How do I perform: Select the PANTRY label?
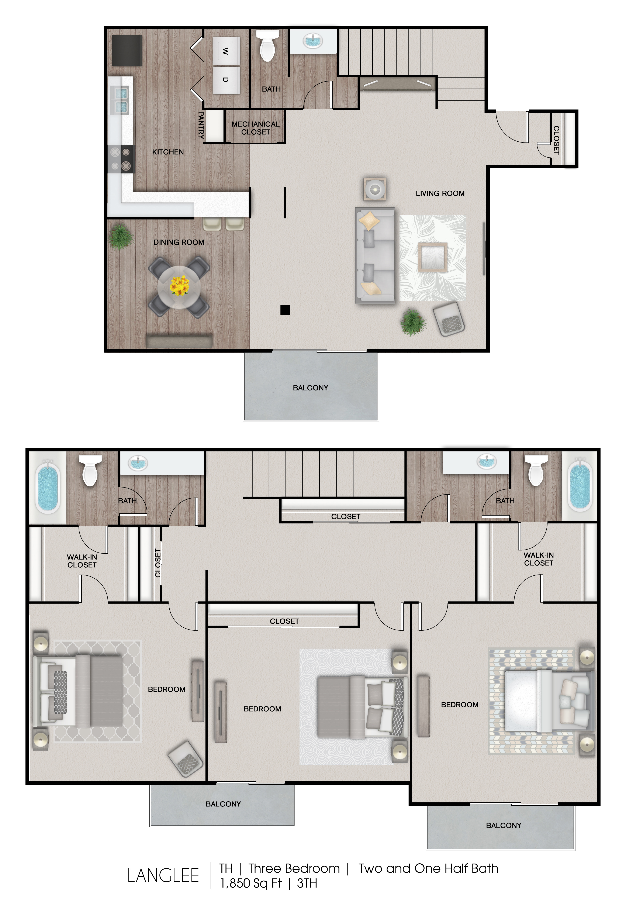tap(201, 125)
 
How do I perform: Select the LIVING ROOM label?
tap(440, 193)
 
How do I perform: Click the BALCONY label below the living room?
tap(311, 388)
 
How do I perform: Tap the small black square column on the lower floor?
tap(285, 310)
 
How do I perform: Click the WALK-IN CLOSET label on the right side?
tap(539, 559)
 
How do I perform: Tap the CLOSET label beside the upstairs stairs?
tap(346, 517)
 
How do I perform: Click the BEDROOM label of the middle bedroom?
tap(262, 709)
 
